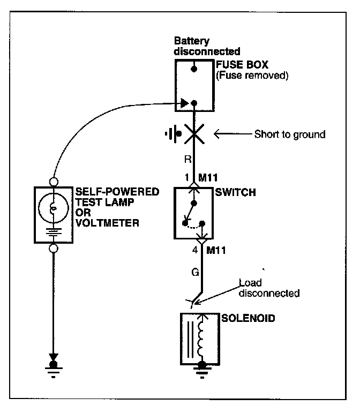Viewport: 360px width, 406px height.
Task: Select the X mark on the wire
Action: tap(193, 133)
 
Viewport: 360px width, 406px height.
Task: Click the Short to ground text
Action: tap(289, 134)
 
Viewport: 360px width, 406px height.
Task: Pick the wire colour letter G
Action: tap(195, 272)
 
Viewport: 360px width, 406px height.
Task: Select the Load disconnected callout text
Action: tap(268, 289)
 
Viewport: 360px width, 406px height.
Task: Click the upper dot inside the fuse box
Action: tap(193, 69)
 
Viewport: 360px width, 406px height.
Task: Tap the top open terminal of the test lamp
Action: tap(52, 181)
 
